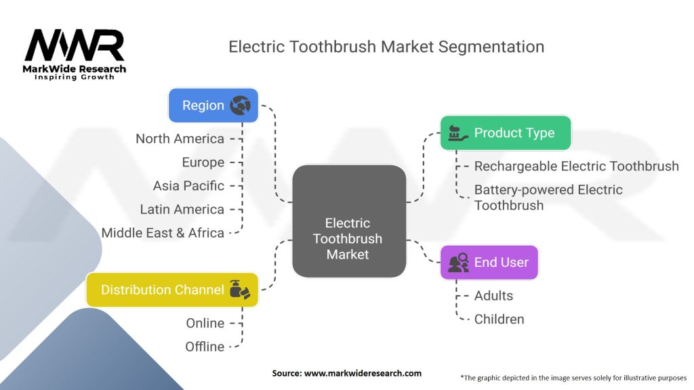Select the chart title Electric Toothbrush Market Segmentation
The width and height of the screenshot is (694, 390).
tap(386, 47)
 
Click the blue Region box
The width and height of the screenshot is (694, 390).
tap(213, 105)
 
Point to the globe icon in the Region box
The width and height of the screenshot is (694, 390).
tap(240, 105)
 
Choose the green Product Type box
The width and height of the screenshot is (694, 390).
tap(506, 133)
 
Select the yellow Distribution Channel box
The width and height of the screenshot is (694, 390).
tap(172, 290)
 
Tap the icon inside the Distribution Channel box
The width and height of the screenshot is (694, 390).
tap(240, 289)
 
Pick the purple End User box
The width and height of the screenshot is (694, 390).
tap(489, 262)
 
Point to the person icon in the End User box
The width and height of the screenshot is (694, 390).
tap(458, 263)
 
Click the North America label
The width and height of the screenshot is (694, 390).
tap(180, 139)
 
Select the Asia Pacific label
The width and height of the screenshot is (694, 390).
tap(188, 186)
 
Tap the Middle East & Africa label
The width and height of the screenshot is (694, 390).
tap(163, 232)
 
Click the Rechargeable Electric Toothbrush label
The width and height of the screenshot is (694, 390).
tap(576, 166)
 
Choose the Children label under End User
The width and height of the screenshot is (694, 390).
tap(499, 319)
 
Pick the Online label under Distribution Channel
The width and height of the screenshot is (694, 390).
tap(205, 323)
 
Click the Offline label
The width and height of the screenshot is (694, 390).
tap(205, 346)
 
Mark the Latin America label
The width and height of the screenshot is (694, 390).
tap(182, 209)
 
